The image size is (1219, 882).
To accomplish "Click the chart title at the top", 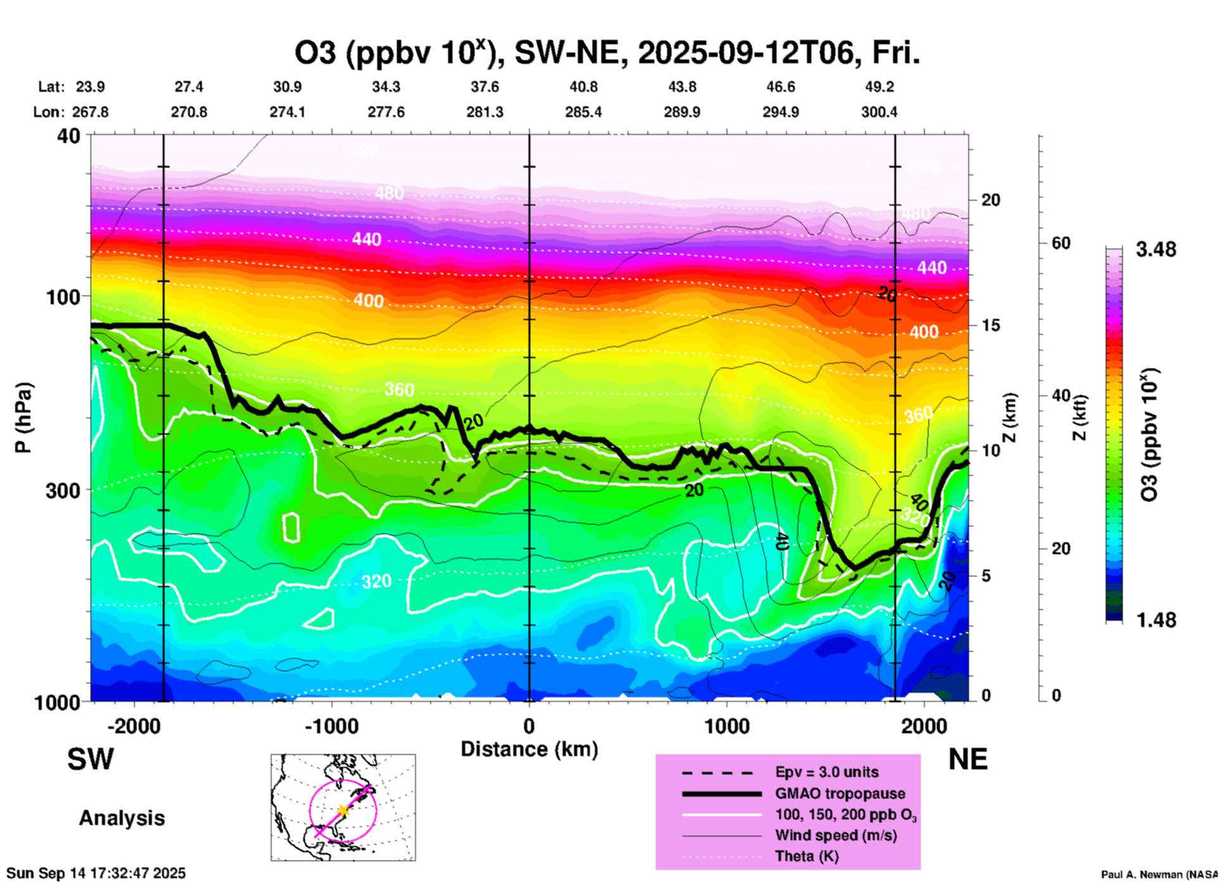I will click(607, 53).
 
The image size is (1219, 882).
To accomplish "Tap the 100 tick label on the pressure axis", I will click(64, 297).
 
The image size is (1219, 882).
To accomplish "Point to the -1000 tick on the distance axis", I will click(331, 726).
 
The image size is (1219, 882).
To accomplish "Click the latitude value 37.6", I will click(485, 87).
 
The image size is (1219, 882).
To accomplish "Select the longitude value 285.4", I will click(583, 113).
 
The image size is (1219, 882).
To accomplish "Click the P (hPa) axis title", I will click(23, 418).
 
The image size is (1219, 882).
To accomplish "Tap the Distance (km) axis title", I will click(529, 749).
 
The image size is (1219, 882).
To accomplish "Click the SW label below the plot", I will click(91, 759).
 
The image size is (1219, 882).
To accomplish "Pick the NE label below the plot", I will click(968, 759).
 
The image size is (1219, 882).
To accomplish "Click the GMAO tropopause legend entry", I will click(840, 793).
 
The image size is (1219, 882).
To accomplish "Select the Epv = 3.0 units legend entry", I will click(827, 773).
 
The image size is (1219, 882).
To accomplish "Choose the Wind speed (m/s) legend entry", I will click(835, 835).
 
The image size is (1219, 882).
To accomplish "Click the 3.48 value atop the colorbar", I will click(1156, 250).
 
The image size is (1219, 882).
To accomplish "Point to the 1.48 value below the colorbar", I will click(1156, 620).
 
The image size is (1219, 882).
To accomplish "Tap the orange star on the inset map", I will click(342, 810).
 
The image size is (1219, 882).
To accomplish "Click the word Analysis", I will click(122, 818).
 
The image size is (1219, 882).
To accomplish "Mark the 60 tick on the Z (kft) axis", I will click(1061, 243).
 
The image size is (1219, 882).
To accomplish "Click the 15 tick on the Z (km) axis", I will click(991, 325).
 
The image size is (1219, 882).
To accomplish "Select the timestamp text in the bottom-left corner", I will click(96, 873).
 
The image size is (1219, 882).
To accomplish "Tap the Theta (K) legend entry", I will click(806, 857).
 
